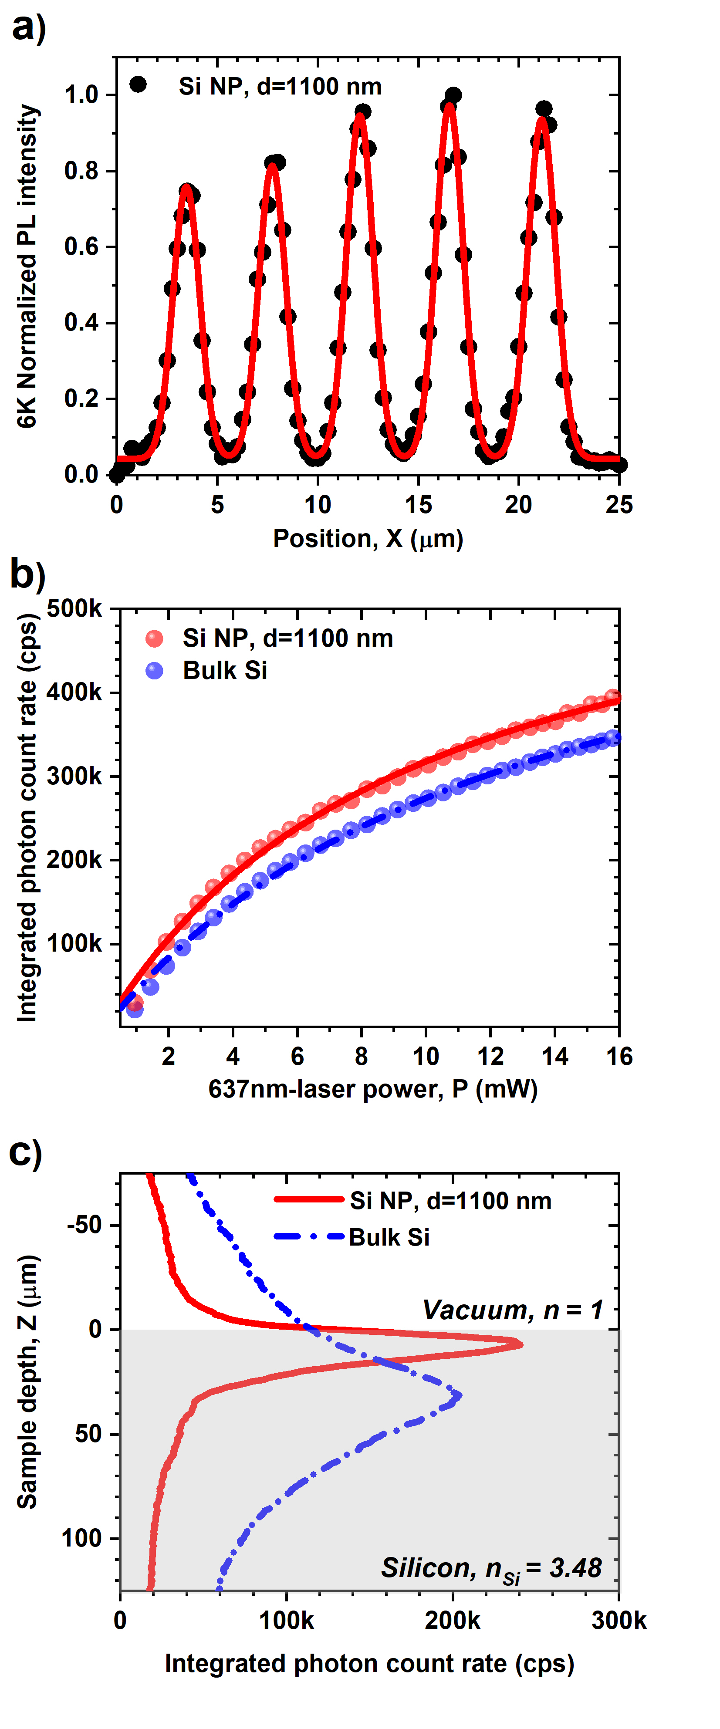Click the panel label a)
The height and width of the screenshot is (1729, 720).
coord(29,28)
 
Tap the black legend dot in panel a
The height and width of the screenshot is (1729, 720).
coord(138,84)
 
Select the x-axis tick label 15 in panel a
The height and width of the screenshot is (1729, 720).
coord(418,505)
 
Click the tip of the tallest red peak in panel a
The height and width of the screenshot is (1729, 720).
coord(450,105)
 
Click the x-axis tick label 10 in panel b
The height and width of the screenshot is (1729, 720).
coord(426,1057)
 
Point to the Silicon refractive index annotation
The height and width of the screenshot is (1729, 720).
coord(491,1568)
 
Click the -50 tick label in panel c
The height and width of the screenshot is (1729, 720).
coord(84,1225)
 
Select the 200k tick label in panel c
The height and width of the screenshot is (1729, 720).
coord(452,1620)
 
